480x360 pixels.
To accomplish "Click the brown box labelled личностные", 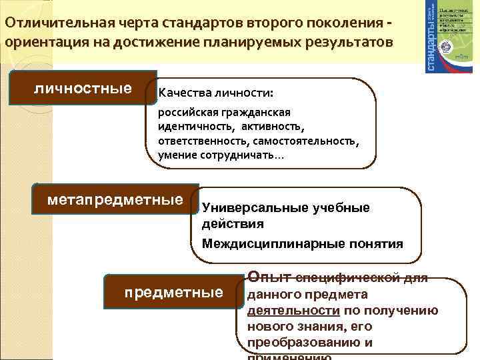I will point(83,88).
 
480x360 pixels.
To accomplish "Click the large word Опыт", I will point(269,275).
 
